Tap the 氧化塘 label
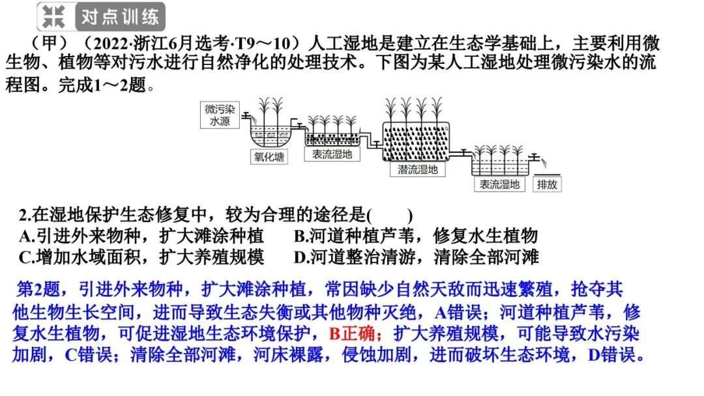[x=269, y=156]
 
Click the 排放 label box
[x=547, y=184]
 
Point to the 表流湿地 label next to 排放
[x=499, y=184]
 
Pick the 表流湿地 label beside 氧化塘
[x=332, y=154]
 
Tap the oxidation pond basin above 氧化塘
[x=271, y=136]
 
